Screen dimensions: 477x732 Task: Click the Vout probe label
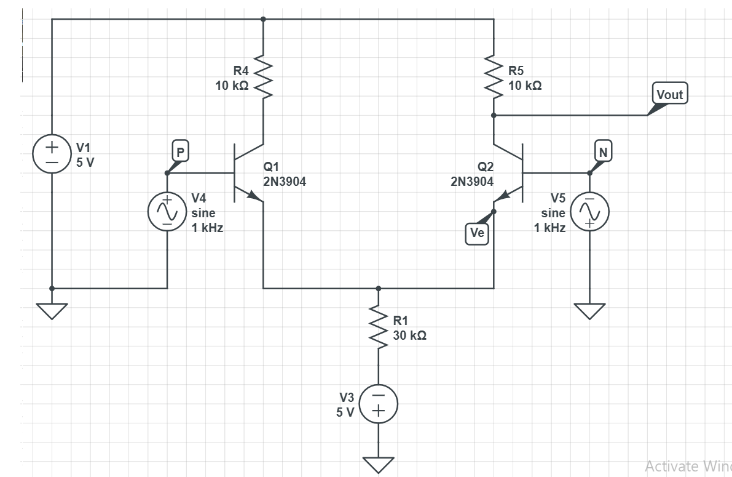tap(670, 94)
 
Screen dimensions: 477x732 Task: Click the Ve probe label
tap(477, 233)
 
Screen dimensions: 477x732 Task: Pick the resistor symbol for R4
tap(263, 78)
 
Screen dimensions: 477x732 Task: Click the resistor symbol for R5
tap(494, 78)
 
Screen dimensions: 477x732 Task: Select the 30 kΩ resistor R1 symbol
tap(378, 327)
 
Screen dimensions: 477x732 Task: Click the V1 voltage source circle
tap(52, 154)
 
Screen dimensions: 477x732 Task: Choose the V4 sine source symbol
tap(167, 211)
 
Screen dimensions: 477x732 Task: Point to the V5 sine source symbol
tap(589, 211)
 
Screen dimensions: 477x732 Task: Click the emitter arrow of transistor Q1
tap(253, 195)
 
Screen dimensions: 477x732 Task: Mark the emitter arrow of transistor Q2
tap(503, 195)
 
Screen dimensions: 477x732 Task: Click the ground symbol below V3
tap(378, 463)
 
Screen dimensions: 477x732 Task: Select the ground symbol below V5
tap(589, 311)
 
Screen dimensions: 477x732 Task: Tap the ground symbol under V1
tap(52, 311)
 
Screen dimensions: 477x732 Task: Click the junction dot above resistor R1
tap(378, 288)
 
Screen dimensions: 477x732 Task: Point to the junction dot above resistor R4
tap(263, 19)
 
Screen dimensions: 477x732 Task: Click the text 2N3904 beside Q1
tap(284, 182)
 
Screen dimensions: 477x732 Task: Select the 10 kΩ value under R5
tap(525, 86)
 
